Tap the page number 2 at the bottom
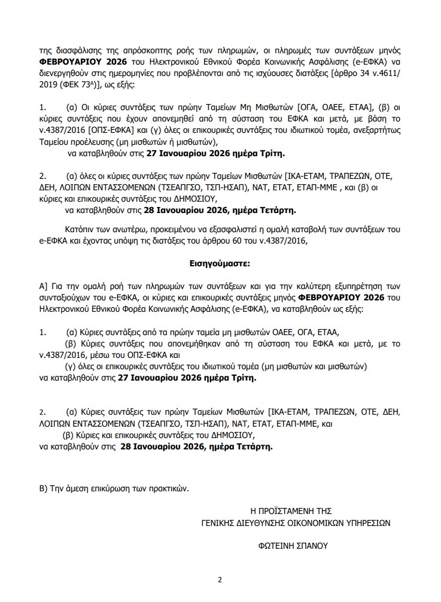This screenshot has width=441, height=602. tap(220, 579)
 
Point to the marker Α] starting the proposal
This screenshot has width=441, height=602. tap(44, 285)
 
